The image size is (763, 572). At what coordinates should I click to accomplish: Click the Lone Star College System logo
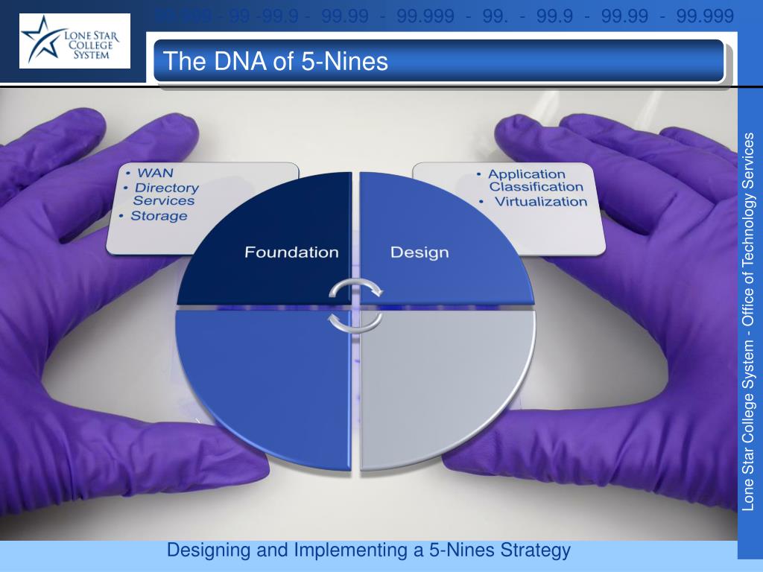click(x=75, y=41)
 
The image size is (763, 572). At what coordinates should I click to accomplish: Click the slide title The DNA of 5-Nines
click(x=275, y=61)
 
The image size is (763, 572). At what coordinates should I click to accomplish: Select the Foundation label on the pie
click(x=291, y=252)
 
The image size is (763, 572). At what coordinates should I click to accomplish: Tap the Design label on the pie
click(x=420, y=252)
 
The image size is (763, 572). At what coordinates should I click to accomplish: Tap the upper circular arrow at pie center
click(x=357, y=288)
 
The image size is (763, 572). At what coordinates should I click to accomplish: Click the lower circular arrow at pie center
click(x=355, y=321)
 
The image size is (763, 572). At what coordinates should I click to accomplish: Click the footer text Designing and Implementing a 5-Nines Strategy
click(x=368, y=551)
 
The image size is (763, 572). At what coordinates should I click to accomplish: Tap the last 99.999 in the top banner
click(x=705, y=15)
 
